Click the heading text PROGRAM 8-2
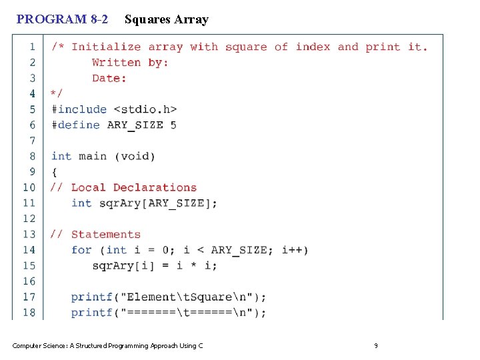[62, 19]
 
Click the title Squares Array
[166, 19]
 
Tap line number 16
[29, 281]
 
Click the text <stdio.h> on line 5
[145, 109]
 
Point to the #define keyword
[75, 125]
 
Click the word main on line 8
[93, 156]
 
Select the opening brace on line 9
[55, 171]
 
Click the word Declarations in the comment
[155, 187]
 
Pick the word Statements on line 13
[106, 234]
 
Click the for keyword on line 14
[81, 250]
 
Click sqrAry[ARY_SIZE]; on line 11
[158, 203]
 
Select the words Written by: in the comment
[130, 63]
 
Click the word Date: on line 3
[109, 78]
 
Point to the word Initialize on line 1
[106, 47]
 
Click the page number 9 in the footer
[376, 345]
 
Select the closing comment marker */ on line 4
[57, 93]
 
